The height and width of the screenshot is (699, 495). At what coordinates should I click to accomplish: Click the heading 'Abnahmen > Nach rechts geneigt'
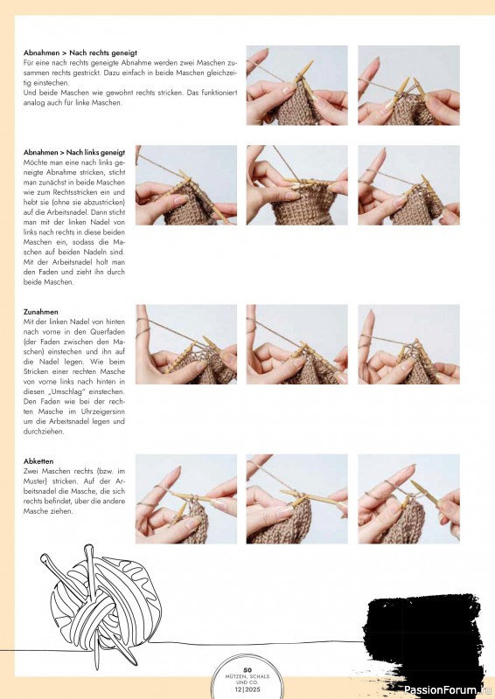point(80,52)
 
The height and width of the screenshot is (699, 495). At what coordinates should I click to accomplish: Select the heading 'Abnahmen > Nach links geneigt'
point(74,152)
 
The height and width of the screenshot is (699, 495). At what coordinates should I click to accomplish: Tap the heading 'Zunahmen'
point(40,312)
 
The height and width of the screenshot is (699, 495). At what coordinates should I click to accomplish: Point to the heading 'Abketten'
point(38,461)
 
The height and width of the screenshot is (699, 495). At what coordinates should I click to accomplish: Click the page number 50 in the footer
point(247,670)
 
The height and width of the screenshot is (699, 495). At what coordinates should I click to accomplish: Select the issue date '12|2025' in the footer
point(247,689)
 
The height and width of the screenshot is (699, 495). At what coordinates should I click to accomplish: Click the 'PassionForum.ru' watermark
point(447,690)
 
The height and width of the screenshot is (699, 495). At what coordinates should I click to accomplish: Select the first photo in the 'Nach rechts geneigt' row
point(296,85)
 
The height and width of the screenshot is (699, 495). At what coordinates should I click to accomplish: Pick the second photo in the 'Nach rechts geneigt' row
point(408,85)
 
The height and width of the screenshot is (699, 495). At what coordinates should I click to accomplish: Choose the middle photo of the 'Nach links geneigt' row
point(296,185)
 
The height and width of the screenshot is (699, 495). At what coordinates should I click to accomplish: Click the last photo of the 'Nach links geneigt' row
point(408,185)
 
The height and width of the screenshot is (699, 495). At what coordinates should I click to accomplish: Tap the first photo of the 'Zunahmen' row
point(186,344)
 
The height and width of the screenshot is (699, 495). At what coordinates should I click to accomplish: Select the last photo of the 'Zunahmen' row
point(408,344)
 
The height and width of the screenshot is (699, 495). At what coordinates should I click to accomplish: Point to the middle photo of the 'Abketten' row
point(296,499)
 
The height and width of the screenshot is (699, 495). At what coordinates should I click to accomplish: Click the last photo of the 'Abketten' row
point(408,499)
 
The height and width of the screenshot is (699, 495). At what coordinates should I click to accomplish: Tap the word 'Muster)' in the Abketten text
point(34,481)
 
